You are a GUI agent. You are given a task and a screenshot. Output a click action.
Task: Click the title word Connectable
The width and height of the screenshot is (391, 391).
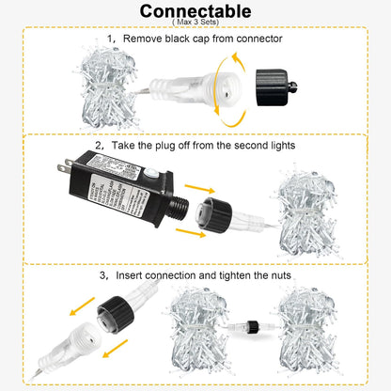point(195,11)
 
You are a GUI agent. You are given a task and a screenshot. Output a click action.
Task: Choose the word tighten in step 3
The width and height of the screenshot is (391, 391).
point(231,278)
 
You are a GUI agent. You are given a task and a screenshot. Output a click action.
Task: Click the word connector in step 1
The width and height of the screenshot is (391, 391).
point(258,39)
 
